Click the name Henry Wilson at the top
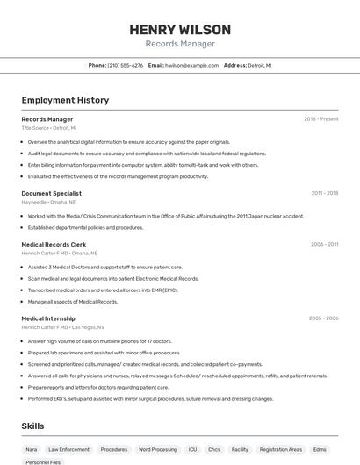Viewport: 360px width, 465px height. [x=180, y=30]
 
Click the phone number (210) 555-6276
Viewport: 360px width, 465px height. [x=125, y=65]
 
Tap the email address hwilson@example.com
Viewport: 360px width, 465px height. [x=191, y=65]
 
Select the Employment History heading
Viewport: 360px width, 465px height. [x=65, y=100]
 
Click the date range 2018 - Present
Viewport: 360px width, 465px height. [x=321, y=119]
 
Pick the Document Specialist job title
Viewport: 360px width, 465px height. [x=51, y=193]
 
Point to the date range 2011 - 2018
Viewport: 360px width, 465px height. [x=324, y=193]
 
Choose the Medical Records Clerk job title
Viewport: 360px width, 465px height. [x=54, y=245]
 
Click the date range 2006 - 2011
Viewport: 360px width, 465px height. [x=324, y=245]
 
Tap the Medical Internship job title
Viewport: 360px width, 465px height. [x=48, y=318]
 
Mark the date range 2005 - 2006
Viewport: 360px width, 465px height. [x=323, y=318]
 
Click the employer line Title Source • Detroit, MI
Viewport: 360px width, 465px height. [x=48, y=128]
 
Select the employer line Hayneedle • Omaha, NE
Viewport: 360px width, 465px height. [x=48, y=202]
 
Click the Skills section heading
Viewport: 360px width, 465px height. [x=33, y=426]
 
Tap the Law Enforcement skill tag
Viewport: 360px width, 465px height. [x=68, y=449]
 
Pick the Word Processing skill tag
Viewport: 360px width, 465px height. [x=158, y=449]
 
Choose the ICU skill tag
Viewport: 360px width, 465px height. [x=192, y=449]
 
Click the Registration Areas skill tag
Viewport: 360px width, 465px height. [x=281, y=449]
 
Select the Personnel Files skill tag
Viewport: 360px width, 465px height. [x=43, y=461]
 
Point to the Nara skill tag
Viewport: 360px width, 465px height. [x=31, y=449]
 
